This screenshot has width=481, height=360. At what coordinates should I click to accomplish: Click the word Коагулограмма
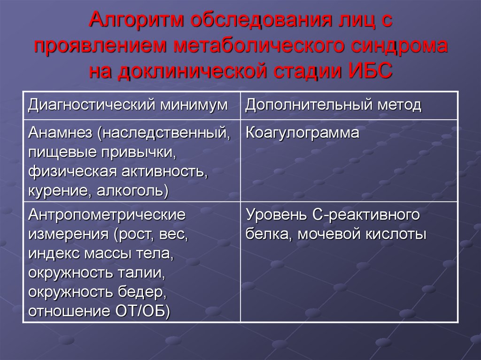coord(303,133)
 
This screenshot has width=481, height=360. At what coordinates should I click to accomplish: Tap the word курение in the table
coord(60,191)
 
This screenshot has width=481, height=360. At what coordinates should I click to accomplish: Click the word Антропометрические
coord(106,215)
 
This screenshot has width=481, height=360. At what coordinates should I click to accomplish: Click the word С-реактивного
coord(365,215)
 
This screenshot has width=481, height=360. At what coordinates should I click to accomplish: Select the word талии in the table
coord(138,273)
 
